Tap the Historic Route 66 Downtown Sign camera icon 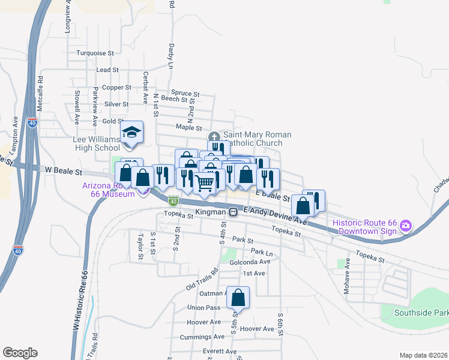pos(406,226)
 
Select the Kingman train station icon pos(232,212)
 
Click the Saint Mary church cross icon pos(215,136)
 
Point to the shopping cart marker pos(205,183)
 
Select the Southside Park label pos(421,313)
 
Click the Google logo pos(20,353)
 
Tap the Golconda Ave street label pos(250,262)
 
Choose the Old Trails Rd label pos(200,280)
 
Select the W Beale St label pos(63,171)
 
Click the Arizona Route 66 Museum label pos(108,190)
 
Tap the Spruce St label pos(185,94)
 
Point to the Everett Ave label pos(220,352)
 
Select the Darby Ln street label pos(170,58)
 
